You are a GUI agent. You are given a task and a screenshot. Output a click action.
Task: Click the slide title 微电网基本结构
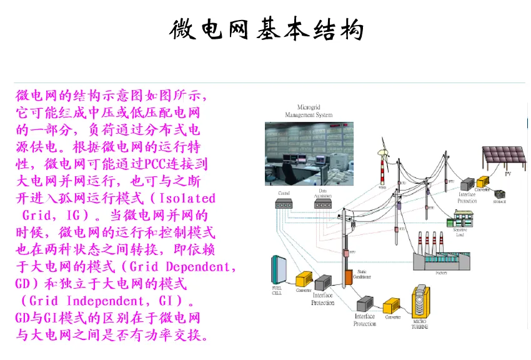click(266, 29)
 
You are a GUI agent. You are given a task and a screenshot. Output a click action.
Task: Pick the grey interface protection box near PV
click(467, 186)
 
